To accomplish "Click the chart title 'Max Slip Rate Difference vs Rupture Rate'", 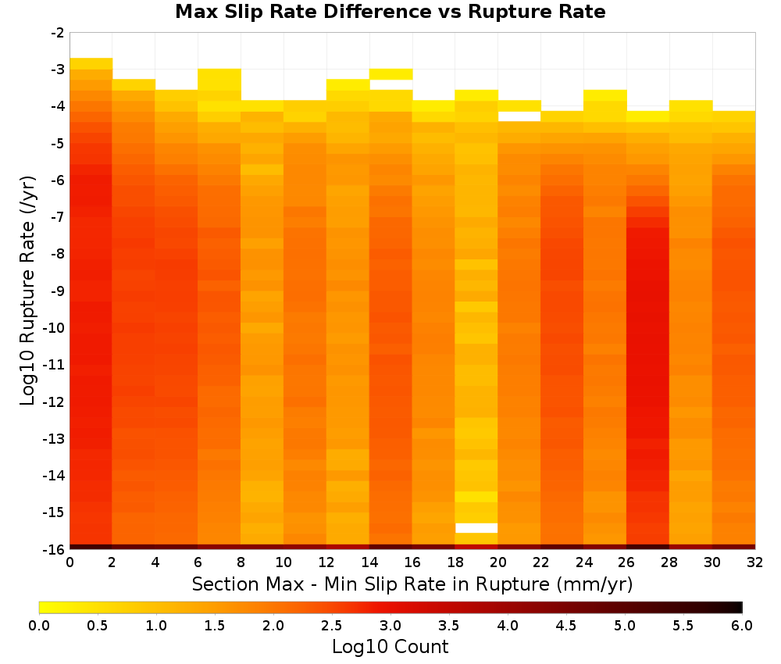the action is (x=390, y=12).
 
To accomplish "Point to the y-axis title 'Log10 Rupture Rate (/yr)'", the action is (x=27, y=291).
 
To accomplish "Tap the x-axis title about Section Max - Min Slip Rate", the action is (x=412, y=584).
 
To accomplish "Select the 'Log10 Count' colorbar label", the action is (x=390, y=647).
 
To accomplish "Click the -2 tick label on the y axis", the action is (x=58, y=33).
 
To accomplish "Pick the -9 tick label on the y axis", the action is (x=58, y=291).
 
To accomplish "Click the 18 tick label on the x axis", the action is (x=455, y=562).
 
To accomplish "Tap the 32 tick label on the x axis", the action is (x=755, y=562).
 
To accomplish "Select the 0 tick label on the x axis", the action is (x=70, y=562).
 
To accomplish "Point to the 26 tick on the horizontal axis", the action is (x=626, y=562).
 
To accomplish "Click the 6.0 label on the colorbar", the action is (x=742, y=626).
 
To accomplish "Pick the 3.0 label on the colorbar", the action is (x=390, y=626).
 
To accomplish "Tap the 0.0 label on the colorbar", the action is (x=39, y=626).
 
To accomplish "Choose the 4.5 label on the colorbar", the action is (x=566, y=626).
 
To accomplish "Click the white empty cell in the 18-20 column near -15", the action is (x=476, y=528).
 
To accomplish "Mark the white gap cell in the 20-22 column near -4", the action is (x=519, y=116).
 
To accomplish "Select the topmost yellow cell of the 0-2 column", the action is (x=91, y=64).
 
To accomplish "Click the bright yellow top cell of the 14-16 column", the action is (x=391, y=74).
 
